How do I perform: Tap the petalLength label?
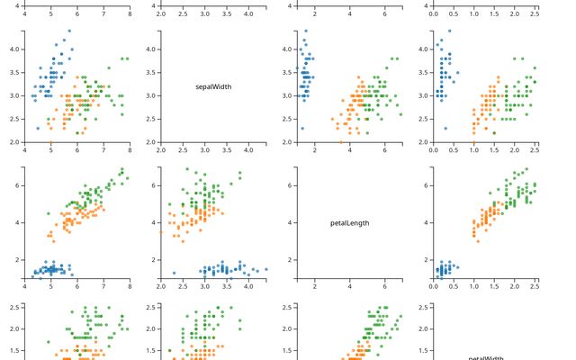pyautogui.click(x=350, y=223)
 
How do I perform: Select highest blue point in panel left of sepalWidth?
pyautogui.click(x=69, y=31)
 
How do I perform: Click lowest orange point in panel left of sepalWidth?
pyautogui.click(x=50, y=142)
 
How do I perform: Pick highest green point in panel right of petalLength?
pyautogui.click(x=526, y=169)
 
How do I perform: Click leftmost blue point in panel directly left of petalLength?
pyautogui.click(x=174, y=273)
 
